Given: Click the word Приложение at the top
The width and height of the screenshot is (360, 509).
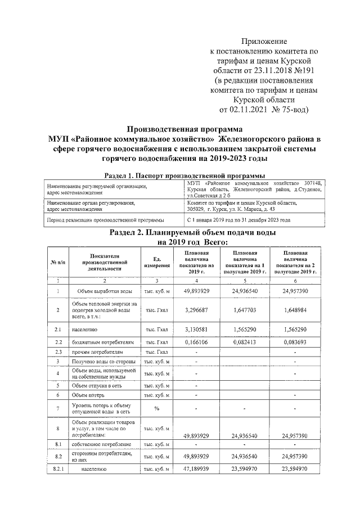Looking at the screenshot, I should point(264,42).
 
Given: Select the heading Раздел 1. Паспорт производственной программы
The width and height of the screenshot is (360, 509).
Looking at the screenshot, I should point(185,175).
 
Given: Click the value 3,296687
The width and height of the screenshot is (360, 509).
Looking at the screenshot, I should point(197,309).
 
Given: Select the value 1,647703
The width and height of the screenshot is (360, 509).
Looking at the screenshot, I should point(245,309).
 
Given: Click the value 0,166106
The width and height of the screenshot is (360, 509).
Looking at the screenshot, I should point(197,341).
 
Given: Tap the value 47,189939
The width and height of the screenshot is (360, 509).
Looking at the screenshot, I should point(197,468).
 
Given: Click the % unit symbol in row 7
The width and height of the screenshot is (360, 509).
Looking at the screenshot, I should point(157,409).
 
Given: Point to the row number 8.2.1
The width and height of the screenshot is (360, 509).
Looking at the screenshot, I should point(58,468).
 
